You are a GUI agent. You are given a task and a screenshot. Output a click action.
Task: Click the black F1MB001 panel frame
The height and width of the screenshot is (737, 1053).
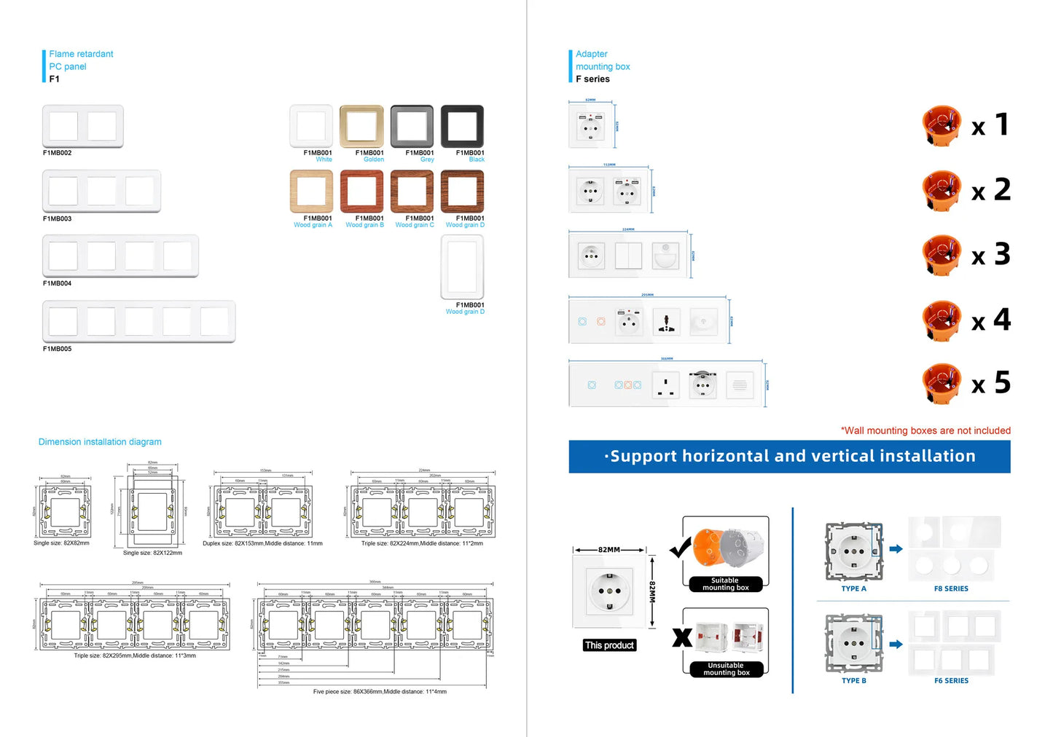[462, 126]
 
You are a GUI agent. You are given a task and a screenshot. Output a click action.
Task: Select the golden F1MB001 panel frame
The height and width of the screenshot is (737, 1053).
[361, 126]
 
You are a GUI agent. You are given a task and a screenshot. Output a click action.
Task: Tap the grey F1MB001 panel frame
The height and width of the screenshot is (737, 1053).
[412, 126]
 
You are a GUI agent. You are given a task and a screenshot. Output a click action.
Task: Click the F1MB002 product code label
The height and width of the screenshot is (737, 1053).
[57, 153]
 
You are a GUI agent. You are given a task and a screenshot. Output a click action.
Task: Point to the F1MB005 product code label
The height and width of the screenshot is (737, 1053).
[57, 349]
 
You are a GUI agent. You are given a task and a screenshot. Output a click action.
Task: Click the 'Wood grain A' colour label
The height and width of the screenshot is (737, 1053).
[313, 225]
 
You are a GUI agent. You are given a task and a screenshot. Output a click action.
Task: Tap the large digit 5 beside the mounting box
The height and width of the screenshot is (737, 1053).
[1003, 382]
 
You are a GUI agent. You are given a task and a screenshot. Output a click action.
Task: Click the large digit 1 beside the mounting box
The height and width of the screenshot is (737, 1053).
[1003, 125]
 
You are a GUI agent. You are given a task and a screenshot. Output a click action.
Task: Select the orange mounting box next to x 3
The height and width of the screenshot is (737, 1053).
[942, 255]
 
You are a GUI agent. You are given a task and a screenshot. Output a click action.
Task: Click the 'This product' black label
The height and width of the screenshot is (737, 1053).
[609, 645]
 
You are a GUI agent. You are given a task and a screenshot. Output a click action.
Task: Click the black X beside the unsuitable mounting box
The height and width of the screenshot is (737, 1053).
[682, 637]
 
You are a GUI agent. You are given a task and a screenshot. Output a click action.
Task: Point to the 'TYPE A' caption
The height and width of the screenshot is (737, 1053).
[853, 588]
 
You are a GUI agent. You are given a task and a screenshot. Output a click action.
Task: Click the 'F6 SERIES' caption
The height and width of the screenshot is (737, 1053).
[951, 681]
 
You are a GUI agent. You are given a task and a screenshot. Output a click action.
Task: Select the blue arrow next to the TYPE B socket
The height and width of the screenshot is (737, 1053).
[896, 644]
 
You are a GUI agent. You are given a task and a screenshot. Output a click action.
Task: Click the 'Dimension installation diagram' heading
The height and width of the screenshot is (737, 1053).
[100, 442]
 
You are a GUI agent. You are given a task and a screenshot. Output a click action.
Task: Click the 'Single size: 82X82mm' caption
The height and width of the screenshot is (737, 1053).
[61, 543]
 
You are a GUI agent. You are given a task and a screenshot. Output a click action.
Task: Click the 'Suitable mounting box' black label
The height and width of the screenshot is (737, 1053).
[725, 584]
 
